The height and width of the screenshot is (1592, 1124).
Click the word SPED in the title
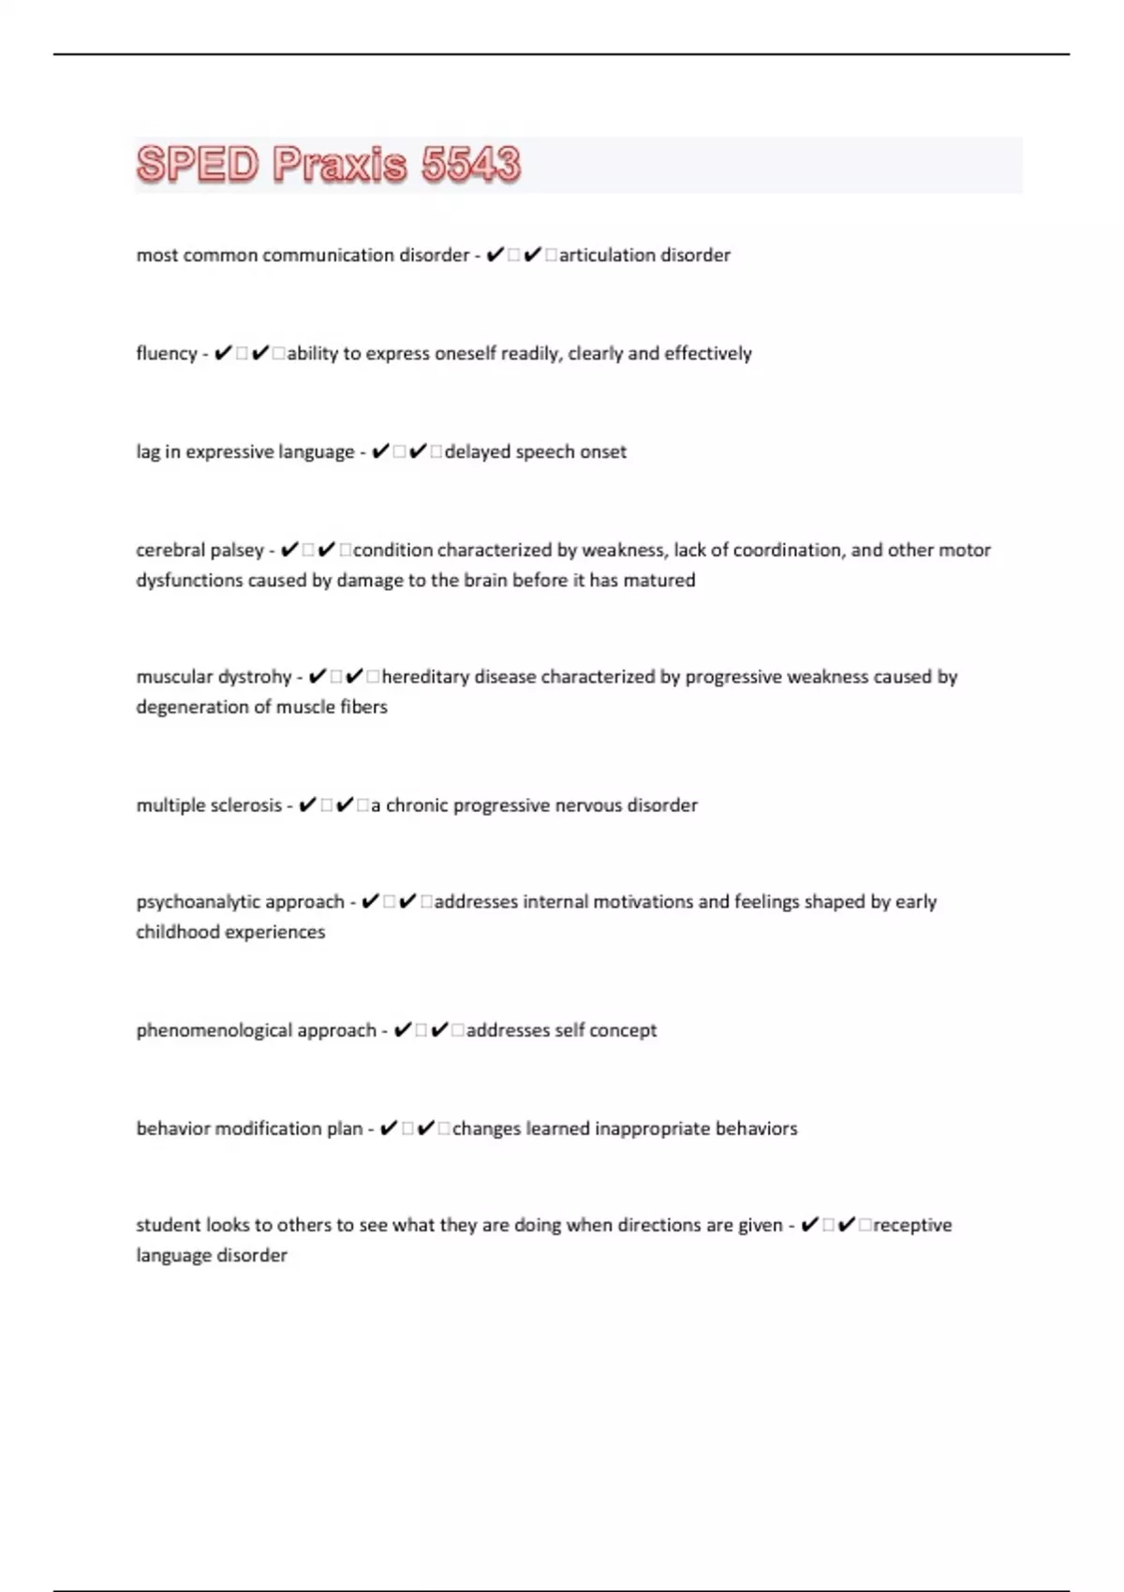[x=198, y=165]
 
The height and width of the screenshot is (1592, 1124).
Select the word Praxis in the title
[x=340, y=165]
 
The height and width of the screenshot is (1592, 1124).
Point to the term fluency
[x=167, y=354]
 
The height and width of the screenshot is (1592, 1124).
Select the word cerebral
[x=167, y=551]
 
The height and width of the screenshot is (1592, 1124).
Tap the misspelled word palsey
[x=233, y=551]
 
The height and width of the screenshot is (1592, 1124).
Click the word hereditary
[x=425, y=677]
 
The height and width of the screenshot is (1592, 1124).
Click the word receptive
[x=912, y=1225]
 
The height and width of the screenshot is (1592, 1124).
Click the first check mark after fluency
[x=223, y=353]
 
